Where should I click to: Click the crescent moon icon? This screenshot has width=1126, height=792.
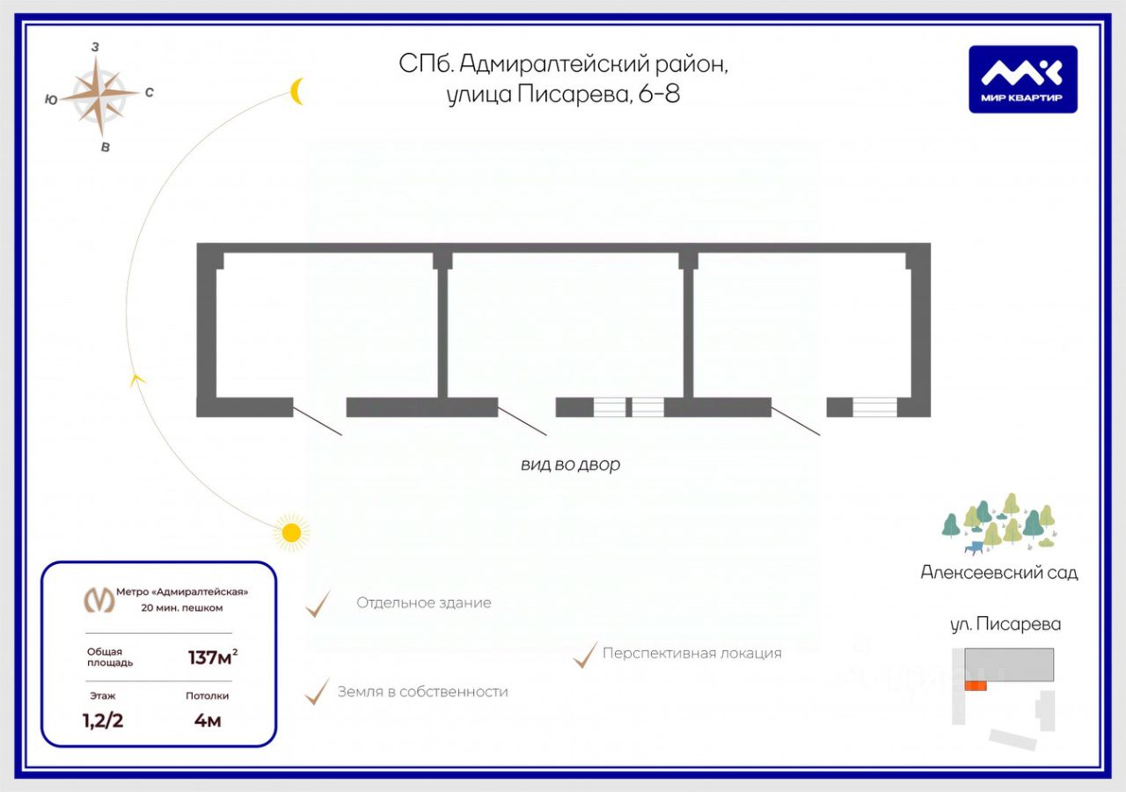pos(297,91)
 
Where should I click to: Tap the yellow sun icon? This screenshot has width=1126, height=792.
pos(290,532)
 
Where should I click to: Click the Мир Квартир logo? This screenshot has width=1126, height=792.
pos(1023,79)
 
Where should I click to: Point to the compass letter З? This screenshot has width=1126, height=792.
pos(95,47)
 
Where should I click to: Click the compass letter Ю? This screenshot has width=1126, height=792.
pos(51,100)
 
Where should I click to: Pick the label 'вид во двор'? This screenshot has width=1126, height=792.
pos(570,465)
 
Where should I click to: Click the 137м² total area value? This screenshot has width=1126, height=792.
pos(212,656)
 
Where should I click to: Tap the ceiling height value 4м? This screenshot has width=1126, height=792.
pos(207,721)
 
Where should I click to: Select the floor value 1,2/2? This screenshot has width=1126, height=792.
pos(102,721)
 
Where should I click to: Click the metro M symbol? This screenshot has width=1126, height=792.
pos(99,599)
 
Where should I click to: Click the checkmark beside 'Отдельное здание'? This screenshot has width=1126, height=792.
pos(318,604)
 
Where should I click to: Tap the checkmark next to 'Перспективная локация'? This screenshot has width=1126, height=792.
pos(585,654)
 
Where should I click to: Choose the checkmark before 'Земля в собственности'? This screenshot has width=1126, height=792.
pos(317,692)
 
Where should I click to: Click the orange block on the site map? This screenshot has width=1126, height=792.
pos(975,686)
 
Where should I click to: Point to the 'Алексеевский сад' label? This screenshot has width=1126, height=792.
pos(998,572)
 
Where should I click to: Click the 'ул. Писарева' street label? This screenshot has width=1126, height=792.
pos(1005,624)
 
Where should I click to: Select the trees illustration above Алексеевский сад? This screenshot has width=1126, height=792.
pos(998,525)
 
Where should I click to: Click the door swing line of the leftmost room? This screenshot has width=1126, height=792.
pos(318,421)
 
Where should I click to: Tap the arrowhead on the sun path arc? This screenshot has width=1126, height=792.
pos(136,379)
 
